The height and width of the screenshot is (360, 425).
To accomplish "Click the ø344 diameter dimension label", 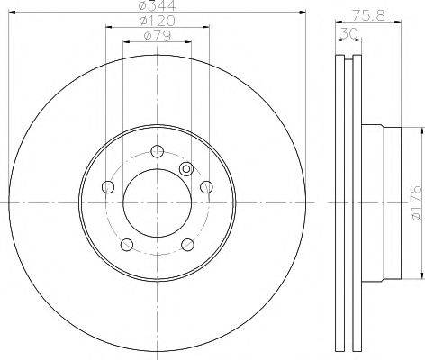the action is click(x=158, y=5).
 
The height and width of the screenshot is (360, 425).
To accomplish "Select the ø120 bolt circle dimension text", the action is click(x=158, y=21).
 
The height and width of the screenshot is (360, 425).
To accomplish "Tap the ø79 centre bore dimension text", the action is click(x=158, y=36).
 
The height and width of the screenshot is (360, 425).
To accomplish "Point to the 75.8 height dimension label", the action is click(x=368, y=15).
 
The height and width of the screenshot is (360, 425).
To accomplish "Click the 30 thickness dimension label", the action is click(x=349, y=33).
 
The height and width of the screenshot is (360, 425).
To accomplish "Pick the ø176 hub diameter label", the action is click(x=416, y=203).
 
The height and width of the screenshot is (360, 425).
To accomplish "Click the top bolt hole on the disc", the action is click(x=157, y=151).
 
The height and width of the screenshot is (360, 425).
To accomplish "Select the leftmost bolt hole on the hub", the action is click(x=108, y=187).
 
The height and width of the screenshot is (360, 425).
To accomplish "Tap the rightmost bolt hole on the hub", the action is click(x=206, y=187).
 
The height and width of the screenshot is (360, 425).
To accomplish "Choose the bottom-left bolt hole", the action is click(x=127, y=245).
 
